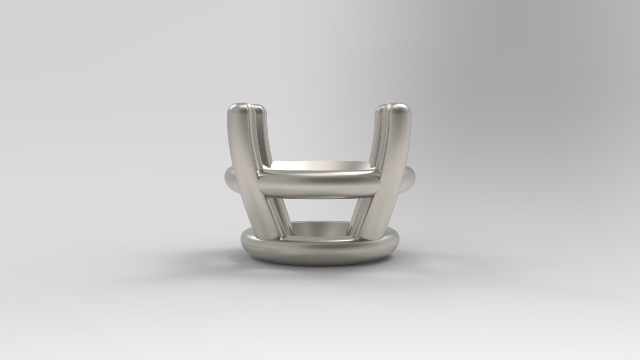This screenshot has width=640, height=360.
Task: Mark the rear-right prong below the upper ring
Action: (362, 216)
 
